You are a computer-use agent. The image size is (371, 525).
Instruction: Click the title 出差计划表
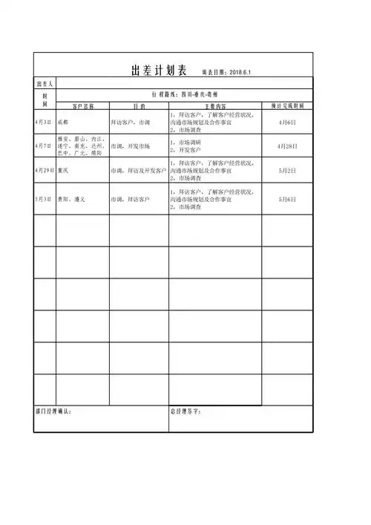pos(157,71)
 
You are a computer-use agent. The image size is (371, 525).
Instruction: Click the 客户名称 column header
pos(82,106)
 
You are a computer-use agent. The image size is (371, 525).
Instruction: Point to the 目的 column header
pos(139,106)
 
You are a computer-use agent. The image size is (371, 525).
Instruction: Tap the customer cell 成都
pos(65,121)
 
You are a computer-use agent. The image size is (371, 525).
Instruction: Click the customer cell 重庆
pos(65,171)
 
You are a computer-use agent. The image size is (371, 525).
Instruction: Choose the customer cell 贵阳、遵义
pos(71,199)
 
